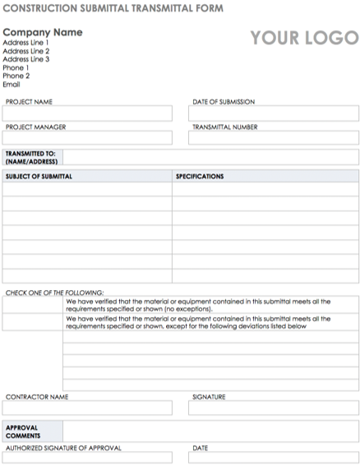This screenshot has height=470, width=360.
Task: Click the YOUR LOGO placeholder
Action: (x=304, y=38)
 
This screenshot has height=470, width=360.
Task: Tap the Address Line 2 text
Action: (x=26, y=51)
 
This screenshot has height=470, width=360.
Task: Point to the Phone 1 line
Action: (x=16, y=67)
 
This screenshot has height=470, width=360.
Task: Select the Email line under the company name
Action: (x=12, y=84)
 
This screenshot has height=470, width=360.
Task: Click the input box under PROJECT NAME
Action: (x=88, y=113)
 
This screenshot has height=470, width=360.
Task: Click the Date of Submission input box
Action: (x=273, y=113)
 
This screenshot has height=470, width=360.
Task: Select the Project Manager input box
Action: (x=88, y=138)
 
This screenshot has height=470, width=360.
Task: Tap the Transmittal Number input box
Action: (x=273, y=138)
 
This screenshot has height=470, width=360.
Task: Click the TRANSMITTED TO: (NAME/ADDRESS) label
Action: (x=31, y=158)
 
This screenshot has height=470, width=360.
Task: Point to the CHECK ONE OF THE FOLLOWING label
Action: (x=55, y=293)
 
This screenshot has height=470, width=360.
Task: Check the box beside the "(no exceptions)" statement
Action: (x=33, y=306)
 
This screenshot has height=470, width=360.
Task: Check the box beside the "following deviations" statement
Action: (x=33, y=323)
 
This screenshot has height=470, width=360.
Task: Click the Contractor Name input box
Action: (x=88, y=408)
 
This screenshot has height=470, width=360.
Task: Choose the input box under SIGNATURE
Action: (x=273, y=408)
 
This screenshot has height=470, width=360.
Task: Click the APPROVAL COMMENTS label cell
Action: (x=31, y=432)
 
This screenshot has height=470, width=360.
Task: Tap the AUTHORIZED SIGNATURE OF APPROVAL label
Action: (x=64, y=449)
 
